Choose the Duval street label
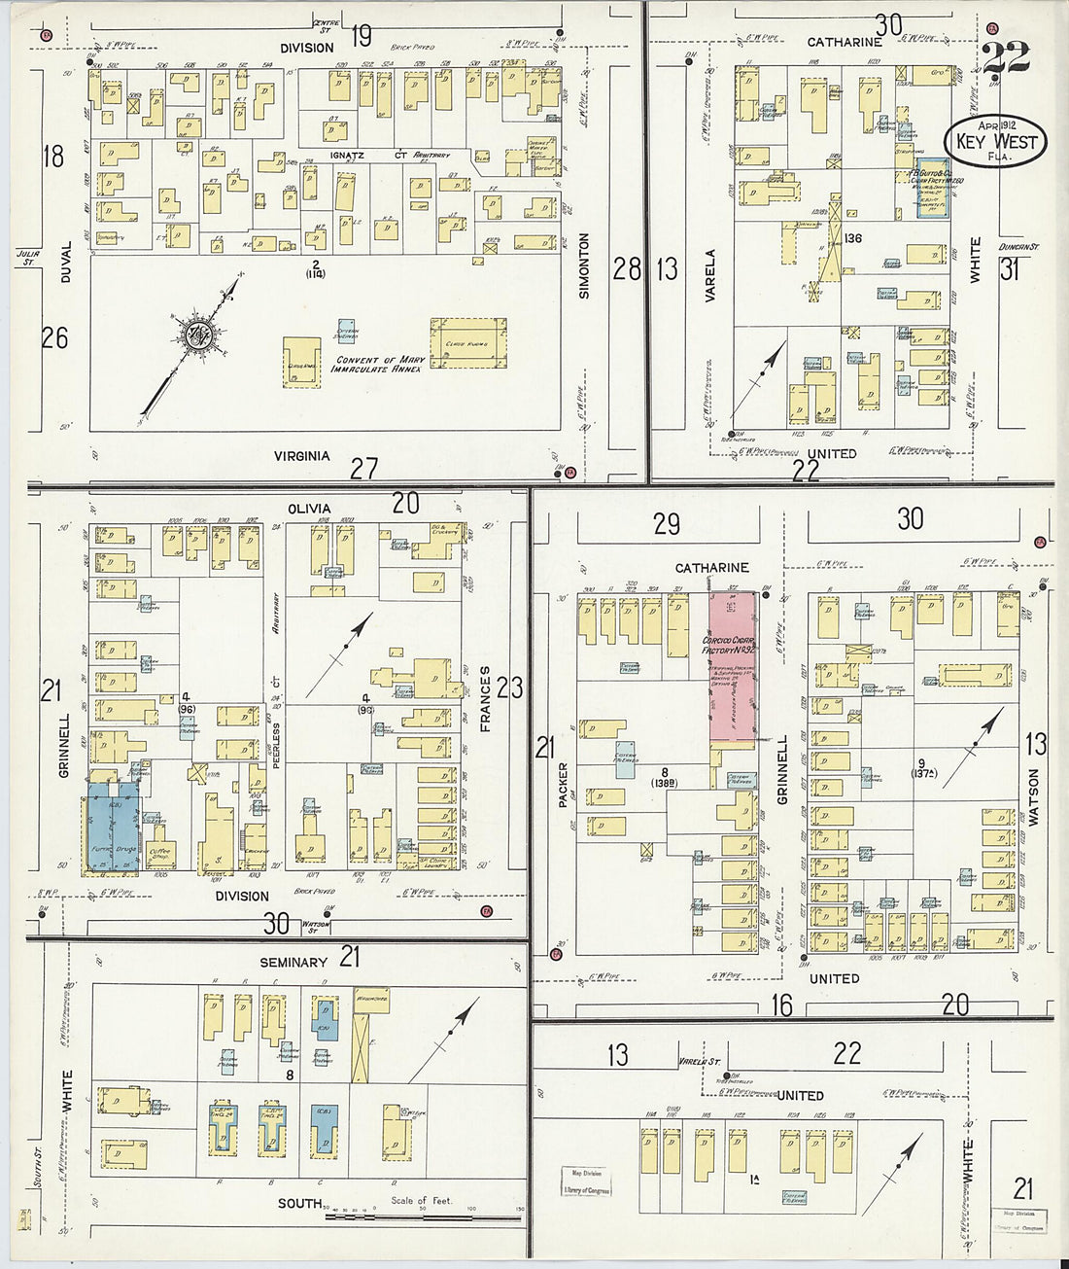tap(66, 262)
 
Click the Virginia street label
tap(301, 455)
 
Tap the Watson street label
tap(1033, 797)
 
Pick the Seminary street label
tap(293, 962)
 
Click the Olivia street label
tap(309, 509)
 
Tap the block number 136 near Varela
tap(853, 238)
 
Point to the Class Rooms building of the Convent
tap(468, 342)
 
